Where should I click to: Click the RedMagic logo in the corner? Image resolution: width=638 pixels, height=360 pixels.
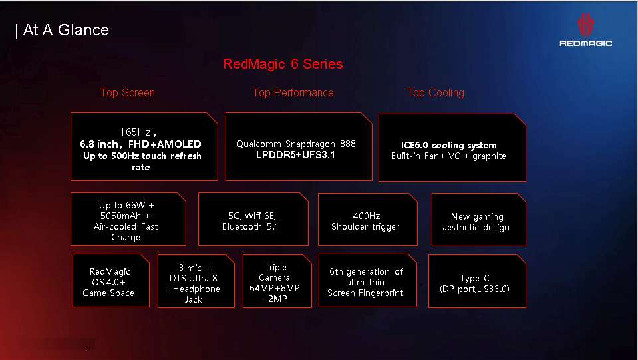585,30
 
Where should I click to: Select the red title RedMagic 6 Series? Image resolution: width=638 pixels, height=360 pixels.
283,64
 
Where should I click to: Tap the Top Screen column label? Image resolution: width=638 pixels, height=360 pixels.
128,92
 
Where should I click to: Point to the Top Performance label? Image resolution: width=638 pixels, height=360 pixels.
293,92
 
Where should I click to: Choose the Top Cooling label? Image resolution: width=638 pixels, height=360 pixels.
435,92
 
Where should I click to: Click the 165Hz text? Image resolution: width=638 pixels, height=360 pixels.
138,132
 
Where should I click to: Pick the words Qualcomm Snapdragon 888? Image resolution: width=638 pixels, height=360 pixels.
296,144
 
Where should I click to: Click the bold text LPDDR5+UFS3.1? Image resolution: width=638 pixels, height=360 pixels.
295,155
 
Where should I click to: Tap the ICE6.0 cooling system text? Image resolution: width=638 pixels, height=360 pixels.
449,145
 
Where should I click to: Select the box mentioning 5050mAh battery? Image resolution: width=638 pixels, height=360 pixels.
128,219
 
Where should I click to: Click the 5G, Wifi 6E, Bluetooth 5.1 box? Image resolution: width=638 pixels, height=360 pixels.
253,219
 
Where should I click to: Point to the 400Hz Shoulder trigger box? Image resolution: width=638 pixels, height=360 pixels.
367,219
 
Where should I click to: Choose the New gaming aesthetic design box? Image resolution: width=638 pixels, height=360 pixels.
478,220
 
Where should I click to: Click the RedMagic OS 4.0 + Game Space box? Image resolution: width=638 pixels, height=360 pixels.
110,281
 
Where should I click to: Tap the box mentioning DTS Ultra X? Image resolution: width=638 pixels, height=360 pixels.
196,281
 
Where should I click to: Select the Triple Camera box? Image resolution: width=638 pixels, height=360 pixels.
277,281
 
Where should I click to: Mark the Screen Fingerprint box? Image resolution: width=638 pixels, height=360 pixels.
367,281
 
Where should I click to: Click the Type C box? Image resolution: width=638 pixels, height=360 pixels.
477,281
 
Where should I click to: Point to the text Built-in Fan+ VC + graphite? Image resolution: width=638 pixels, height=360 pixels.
448,156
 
